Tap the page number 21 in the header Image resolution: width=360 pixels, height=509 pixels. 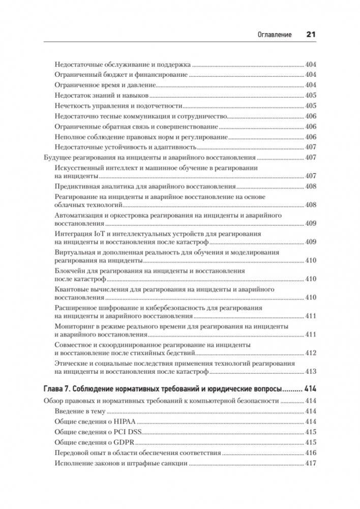point(311,35)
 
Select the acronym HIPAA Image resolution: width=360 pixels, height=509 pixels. point(125,422)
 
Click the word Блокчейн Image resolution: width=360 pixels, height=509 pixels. point(70,271)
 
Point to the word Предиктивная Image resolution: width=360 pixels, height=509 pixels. point(76,187)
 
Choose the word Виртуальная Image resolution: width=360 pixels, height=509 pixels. point(74,252)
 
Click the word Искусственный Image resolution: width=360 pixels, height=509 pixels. point(77,168)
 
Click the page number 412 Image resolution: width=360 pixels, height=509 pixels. point(311,353)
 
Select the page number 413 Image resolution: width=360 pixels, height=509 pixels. point(311,372)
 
